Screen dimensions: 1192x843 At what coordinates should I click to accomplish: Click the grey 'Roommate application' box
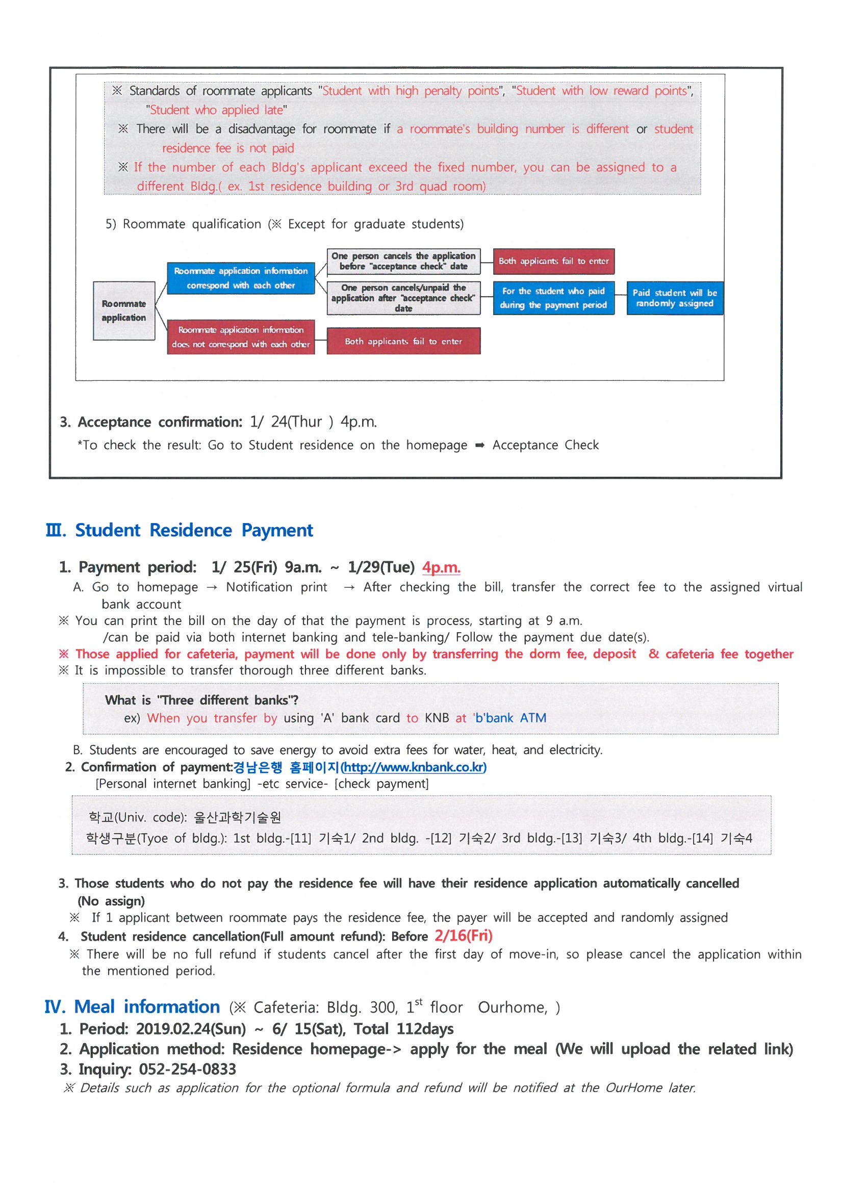(123, 310)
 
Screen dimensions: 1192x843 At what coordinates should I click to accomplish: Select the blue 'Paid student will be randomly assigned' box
(674, 298)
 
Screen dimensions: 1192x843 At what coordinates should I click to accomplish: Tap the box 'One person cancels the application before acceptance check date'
(403, 261)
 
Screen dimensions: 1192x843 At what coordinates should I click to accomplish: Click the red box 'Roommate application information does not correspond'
(241, 337)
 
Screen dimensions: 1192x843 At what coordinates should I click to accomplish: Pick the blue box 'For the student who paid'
(553, 298)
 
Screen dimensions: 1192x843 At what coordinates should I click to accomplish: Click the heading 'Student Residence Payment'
(194, 530)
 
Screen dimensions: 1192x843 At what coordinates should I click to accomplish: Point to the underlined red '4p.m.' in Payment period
(441, 567)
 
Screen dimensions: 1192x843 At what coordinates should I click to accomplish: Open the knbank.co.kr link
(414, 767)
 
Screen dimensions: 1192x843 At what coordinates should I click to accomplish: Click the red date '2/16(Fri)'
(463, 936)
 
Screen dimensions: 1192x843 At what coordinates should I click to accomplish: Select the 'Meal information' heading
(147, 1006)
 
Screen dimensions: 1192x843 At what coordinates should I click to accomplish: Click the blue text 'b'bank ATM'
(510, 718)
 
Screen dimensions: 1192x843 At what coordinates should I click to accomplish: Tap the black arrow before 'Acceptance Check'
(479, 445)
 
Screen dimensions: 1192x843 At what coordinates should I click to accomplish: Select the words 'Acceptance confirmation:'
(160, 422)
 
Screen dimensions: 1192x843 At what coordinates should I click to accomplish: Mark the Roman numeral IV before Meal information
(55, 1007)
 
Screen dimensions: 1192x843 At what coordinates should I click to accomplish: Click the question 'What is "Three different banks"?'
(201, 700)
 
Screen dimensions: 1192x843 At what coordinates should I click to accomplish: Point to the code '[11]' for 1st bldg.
(301, 838)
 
